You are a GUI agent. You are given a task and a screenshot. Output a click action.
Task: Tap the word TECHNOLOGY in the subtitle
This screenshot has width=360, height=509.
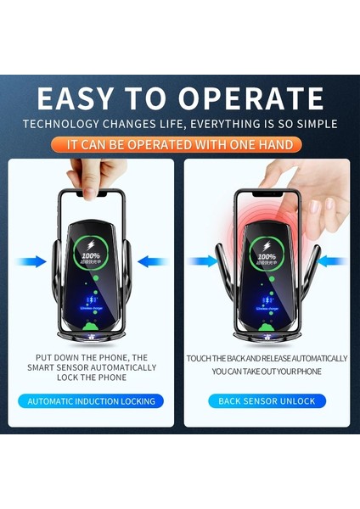click(x=69, y=124)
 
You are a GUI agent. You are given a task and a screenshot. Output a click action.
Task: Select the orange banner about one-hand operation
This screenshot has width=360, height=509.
click(x=180, y=145)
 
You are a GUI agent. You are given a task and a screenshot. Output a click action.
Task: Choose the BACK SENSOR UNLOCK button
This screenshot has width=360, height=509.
click(x=267, y=400)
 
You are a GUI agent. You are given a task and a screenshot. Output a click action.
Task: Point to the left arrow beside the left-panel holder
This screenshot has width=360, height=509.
click(x=31, y=262)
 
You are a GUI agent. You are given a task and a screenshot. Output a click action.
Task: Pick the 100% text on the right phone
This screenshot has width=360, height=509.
click(x=267, y=255)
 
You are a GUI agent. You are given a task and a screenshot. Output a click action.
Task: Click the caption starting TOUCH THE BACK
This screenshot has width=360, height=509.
click(x=267, y=365)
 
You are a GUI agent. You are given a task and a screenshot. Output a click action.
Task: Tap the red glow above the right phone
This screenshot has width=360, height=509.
click(x=265, y=216)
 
